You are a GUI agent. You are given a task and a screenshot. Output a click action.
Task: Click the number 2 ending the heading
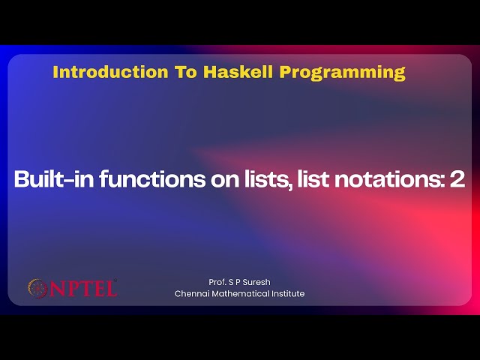(x=457, y=180)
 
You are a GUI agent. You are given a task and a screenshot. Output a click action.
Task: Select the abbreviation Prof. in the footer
(x=218, y=282)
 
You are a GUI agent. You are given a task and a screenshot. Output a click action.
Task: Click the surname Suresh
(x=256, y=282)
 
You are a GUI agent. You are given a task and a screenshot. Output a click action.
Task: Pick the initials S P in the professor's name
(x=235, y=282)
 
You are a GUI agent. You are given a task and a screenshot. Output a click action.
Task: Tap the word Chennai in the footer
(x=191, y=294)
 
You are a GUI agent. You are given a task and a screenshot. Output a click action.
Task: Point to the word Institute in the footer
(x=288, y=294)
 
